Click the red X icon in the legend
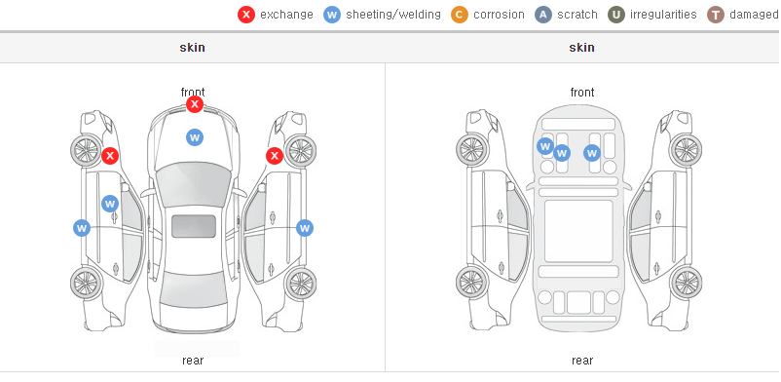(x=246, y=15)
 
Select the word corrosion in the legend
(x=499, y=15)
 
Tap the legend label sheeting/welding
(x=393, y=15)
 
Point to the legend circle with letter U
(x=616, y=15)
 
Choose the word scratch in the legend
(x=577, y=15)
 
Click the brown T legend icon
(x=715, y=15)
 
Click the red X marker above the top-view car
(x=195, y=104)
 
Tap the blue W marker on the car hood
(x=195, y=137)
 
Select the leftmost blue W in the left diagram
(x=82, y=228)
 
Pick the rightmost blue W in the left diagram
(x=305, y=228)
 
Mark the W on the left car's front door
(x=110, y=204)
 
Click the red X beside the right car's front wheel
(x=275, y=156)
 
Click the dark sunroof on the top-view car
(x=194, y=226)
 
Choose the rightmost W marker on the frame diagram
(x=592, y=153)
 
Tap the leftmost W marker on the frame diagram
(x=545, y=146)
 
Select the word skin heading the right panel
(x=581, y=48)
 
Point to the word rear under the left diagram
(x=193, y=361)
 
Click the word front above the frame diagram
(x=582, y=93)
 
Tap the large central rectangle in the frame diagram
(x=578, y=231)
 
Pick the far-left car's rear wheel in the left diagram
(x=87, y=283)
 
